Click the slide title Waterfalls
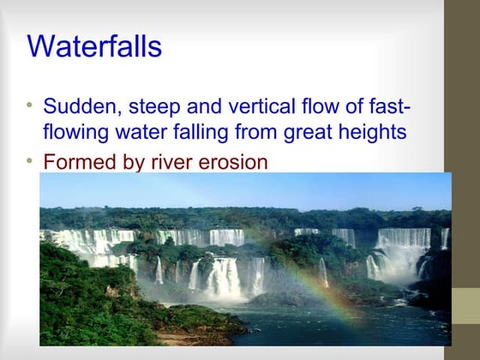coord(94,46)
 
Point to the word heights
coord(368,134)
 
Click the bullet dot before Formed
coord(31,159)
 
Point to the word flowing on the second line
coord(75,134)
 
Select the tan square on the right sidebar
coord(465,305)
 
